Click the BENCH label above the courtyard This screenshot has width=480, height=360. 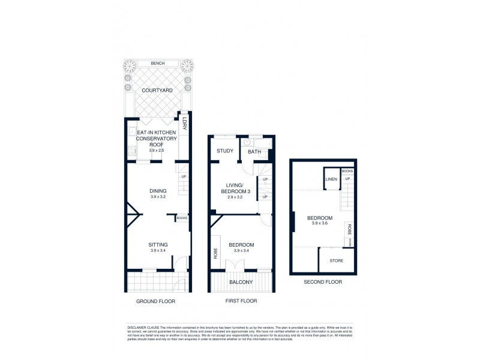click(158, 63)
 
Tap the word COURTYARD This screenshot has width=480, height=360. click(157, 90)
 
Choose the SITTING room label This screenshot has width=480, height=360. click(158, 244)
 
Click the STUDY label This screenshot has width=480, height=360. click(225, 151)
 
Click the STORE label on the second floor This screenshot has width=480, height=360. click(336, 260)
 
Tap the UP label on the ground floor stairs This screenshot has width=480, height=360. click(184, 176)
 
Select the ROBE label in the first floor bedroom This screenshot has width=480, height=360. click(215, 253)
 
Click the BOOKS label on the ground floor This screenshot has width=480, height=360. click(182, 218)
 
